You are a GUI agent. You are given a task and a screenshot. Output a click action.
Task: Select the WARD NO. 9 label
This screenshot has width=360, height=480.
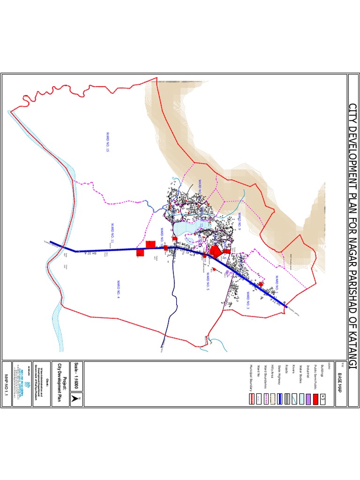[x=239, y=221]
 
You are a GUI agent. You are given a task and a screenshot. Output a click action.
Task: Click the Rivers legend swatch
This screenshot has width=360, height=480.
[x=294, y=386]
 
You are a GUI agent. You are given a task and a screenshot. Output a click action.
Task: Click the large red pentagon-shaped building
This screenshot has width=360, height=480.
[x=215, y=252]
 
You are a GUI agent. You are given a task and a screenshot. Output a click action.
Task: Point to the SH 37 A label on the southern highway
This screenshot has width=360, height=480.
[x=94, y=254]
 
